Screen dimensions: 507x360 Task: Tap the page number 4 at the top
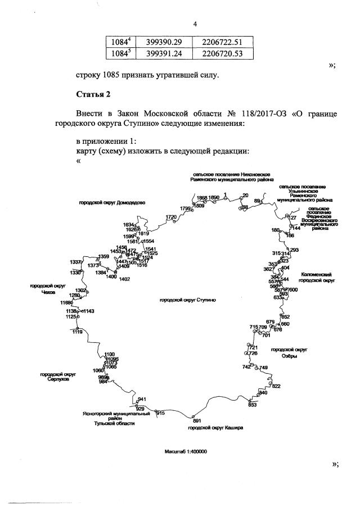click(x=195, y=24)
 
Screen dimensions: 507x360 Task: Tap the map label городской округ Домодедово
click(x=112, y=203)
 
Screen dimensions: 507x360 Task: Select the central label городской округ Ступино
click(x=188, y=300)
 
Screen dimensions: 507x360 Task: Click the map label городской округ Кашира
click(x=215, y=428)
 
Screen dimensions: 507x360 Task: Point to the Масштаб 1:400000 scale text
click(x=186, y=451)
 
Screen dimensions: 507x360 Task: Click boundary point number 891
click(x=196, y=420)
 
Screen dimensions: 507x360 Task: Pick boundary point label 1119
click(x=77, y=332)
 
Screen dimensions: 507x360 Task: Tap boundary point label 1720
click(x=171, y=217)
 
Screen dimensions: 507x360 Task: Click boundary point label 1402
click(x=124, y=279)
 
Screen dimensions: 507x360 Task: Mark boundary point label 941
click(x=142, y=399)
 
